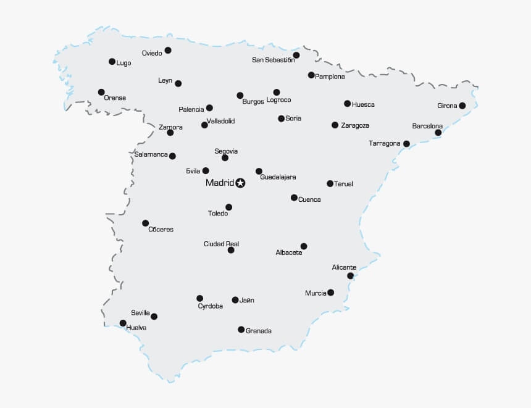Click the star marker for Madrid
tap(241, 183)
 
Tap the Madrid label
tap(220, 183)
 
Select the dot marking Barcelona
tap(438, 133)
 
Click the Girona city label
tap(447, 106)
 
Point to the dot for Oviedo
tap(168, 51)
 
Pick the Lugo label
tap(123, 63)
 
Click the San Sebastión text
tap(272, 60)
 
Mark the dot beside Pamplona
tap(311, 75)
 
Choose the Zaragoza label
tap(355, 125)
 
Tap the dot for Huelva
tap(123, 323)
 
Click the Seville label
tap(140, 313)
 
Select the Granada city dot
tap(241, 330)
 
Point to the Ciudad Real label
tap(221, 244)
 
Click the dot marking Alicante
tap(350, 276)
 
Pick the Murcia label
tap(316, 293)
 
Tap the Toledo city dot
tap(228, 207)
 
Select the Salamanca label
tap(151, 154)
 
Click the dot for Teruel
tap(330, 183)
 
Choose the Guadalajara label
tap(278, 177)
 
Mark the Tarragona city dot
tap(406, 144)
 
